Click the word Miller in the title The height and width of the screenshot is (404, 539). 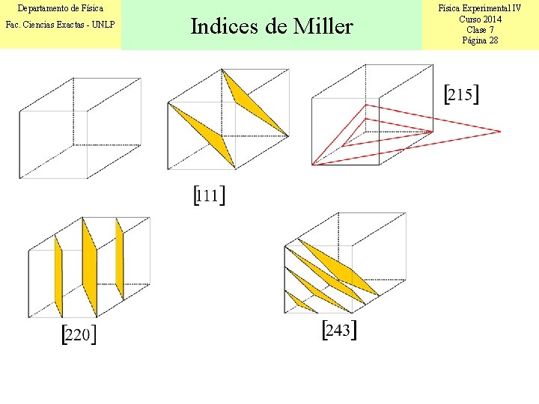click(x=323, y=27)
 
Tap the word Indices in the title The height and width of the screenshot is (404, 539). click(x=226, y=27)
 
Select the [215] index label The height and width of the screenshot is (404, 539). click(x=461, y=94)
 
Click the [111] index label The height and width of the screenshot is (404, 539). click(x=210, y=196)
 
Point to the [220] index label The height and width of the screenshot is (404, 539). click(x=79, y=334)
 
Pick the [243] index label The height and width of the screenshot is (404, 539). click(x=338, y=331)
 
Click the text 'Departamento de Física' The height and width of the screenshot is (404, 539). click(x=60, y=9)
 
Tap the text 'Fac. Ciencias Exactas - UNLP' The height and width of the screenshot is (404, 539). click(x=60, y=25)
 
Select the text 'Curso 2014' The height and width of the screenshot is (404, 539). click(x=480, y=19)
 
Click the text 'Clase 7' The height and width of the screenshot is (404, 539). click(x=480, y=30)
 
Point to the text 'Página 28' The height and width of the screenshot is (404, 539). click(x=480, y=40)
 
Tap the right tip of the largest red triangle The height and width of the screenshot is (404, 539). click(x=499, y=132)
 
